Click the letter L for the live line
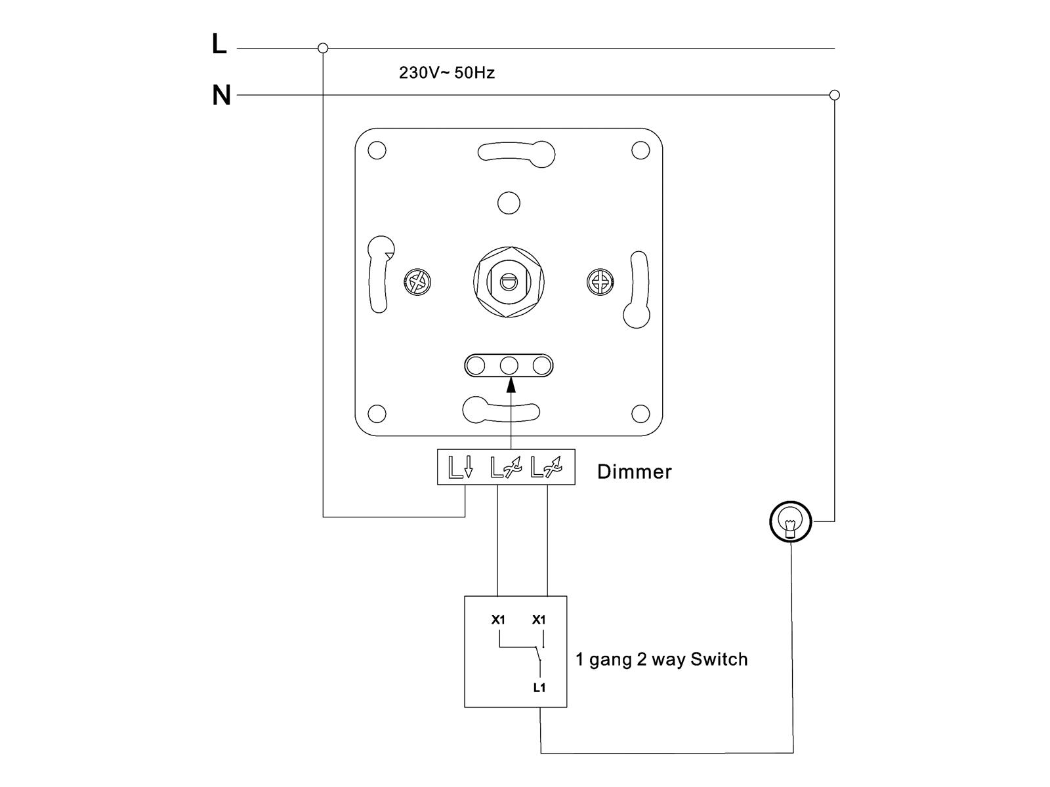tap(219, 45)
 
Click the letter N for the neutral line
tap(222, 96)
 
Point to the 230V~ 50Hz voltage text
tap(446, 73)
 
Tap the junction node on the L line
tap(323, 48)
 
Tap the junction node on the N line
tap(835, 95)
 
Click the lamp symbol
tap(791, 522)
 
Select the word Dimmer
tap(634, 472)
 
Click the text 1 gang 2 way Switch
tap(661, 659)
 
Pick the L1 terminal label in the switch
tap(539, 688)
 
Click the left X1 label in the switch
tap(499, 620)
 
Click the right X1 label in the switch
tap(539, 620)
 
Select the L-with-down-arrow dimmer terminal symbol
tap(460, 468)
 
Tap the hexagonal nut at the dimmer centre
tap(509, 283)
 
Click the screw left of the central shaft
tap(417, 283)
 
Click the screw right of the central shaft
tap(600, 283)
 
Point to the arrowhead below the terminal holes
tap(510, 384)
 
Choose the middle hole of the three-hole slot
tap(509, 365)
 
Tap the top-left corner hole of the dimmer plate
tap(377, 150)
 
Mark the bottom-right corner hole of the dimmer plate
tap(640, 414)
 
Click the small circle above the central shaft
tap(509, 203)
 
